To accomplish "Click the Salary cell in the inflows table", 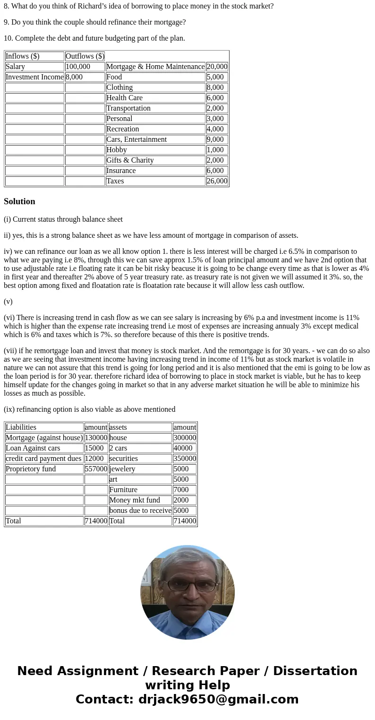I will [x=34, y=67].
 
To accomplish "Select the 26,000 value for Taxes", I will [x=217, y=181].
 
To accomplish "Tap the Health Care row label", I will [x=155, y=98].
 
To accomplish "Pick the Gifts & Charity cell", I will [x=155, y=160].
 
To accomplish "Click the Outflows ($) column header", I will [x=85, y=56].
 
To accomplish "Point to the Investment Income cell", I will [x=34, y=77].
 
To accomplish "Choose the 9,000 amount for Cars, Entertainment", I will [x=217, y=139].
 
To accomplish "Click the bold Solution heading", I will [x=19, y=201].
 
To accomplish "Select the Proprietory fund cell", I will [x=44, y=469].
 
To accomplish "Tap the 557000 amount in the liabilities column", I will [x=96, y=469].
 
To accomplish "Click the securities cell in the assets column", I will [x=140, y=459].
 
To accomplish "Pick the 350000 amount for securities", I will [x=184, y=459].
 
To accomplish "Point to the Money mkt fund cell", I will [x=140, y=500].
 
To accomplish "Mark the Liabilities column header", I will [x=44, y=427].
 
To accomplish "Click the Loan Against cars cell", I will [x=44, y=448].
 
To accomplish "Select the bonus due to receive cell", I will [x=140, y=511].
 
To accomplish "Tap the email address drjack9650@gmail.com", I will [x=218, y=700].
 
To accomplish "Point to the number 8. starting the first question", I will [x=7, y=6].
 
